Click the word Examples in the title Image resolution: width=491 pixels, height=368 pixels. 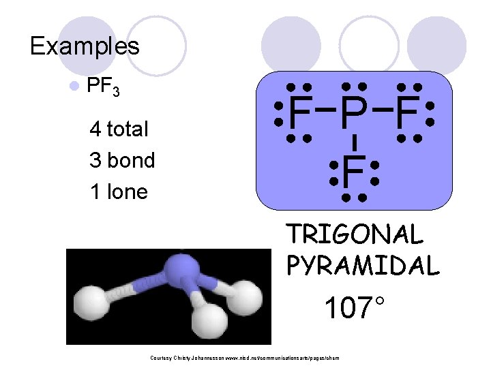[x=85, y=46]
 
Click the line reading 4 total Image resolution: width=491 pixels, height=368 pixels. [x=119, y=129]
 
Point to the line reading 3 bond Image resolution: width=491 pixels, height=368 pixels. [x=122, y=160]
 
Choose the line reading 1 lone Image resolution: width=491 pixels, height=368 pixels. [x=118, y=191]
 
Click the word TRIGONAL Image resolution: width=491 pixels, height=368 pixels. [x=355, y=234]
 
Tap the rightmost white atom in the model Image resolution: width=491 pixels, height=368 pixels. [x=246, y=295]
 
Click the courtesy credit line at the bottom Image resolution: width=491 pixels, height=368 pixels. [x=243, y=358]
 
